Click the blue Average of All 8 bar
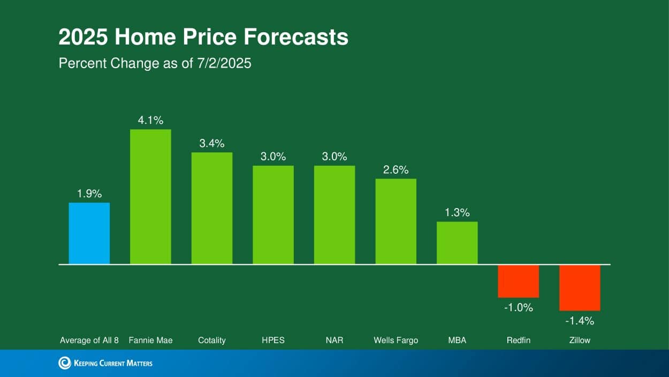(89, 233)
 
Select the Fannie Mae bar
(150, 197)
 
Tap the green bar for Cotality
(212, 208)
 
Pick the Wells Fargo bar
(396, 221)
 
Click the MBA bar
(457, 243)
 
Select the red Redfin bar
(518, 281)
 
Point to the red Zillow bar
(580, 287)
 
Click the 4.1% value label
(150, 121)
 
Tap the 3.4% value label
(212, 143)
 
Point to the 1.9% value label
(89, 194)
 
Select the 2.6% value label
(396, 170)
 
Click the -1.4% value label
(580, 321)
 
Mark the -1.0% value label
(518, 308)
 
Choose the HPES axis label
(273, 340)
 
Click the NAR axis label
(334, 340)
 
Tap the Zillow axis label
(580, 340)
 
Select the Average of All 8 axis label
(89, 340)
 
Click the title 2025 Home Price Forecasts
(203, 38)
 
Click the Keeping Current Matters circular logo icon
(64, 363)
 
